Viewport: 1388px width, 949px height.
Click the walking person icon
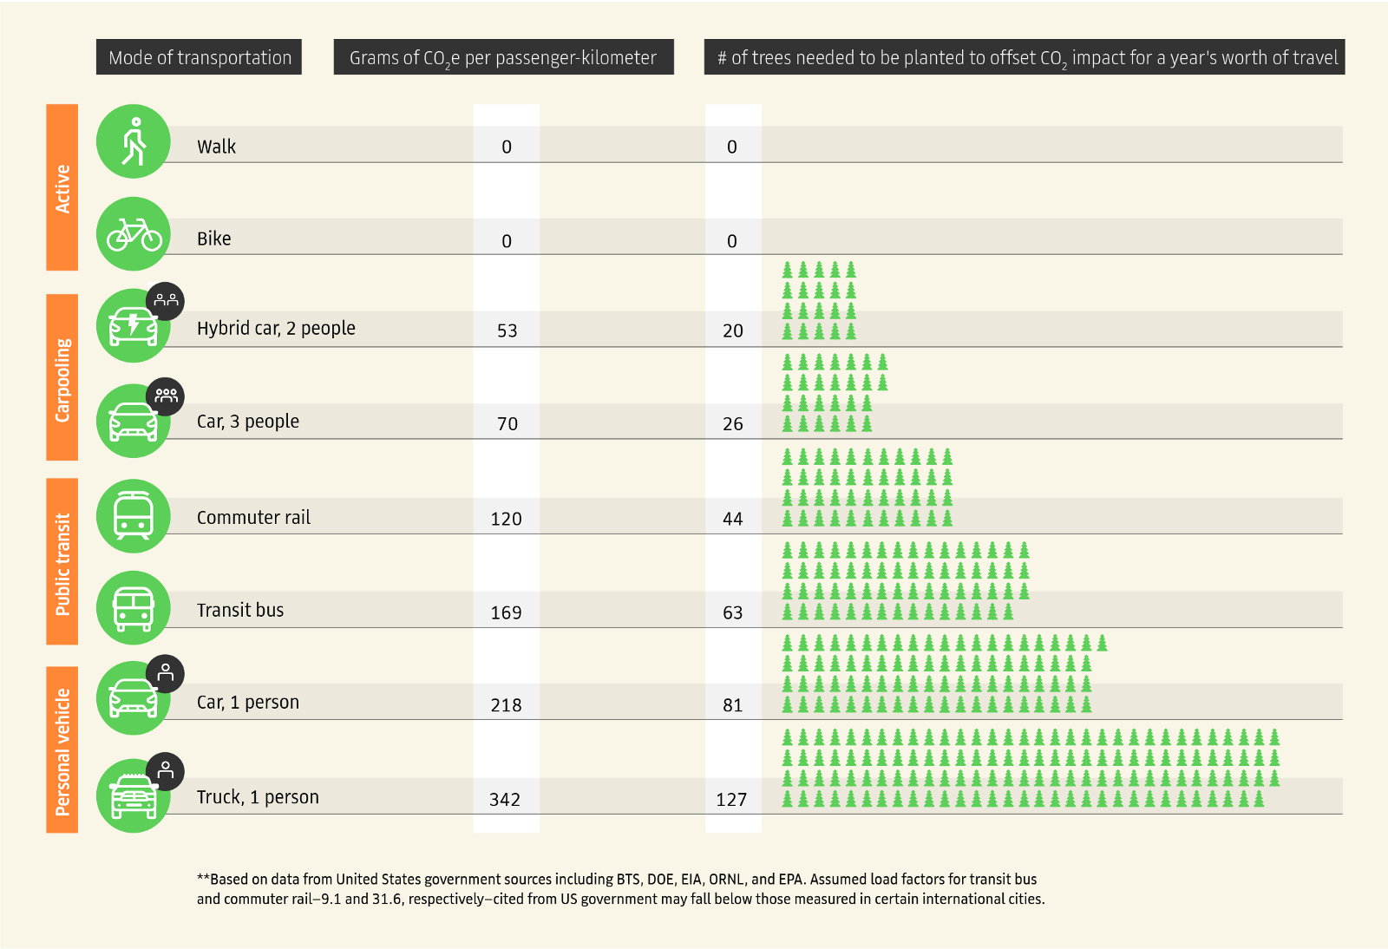pyautogui.click(x=134, y=141)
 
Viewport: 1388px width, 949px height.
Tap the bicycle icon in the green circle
pyautogui.click(x=134, y=234)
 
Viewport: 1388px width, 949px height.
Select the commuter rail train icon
pyautogui.click(x=134, y=515)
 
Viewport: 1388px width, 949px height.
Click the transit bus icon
pyautogui.click(x=134, y=608)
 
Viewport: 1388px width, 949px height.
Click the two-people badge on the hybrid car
pyautogui.click(x=166, y=301)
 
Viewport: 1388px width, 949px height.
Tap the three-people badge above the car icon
pyautogui.click(x=166, y=396)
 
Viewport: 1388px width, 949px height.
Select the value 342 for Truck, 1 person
pyautogui.click(x=505, y=799)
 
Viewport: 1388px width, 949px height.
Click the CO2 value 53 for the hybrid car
pyautogui.click(x=507, y=331)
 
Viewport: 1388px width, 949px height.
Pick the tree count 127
pyautogui.click(x=732, y=799)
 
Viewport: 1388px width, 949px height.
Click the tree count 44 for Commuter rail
pyautogui.click(x=732, y=519)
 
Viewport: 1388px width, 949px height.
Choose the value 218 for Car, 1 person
pyautogui.click(x=507, y=705)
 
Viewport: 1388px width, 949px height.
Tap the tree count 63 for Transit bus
pyautogui.click(x=732, y=612)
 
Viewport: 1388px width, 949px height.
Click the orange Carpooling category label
pyautogui.click(x=62, y=377)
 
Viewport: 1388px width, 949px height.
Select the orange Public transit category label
pyautogui.click(x=62, y=562)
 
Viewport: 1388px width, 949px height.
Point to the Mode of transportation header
pyautogui.click(x=199, y=57)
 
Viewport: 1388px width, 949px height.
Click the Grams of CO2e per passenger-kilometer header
pyautogui.click(x=504, y=57)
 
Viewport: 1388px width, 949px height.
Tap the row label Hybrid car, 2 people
pyautogui.click(x=276, y=328)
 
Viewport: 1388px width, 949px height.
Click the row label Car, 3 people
pyautogui.click(x=248, y=422)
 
